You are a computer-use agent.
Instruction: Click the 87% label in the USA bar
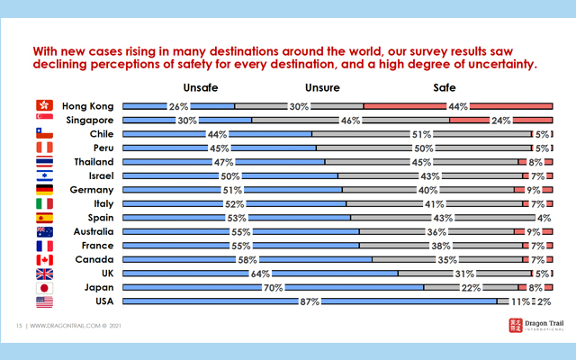click(x=310, y=302)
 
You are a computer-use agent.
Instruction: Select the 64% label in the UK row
click(x=260, y=274)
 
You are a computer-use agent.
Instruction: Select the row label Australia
click(x=90, y=231)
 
